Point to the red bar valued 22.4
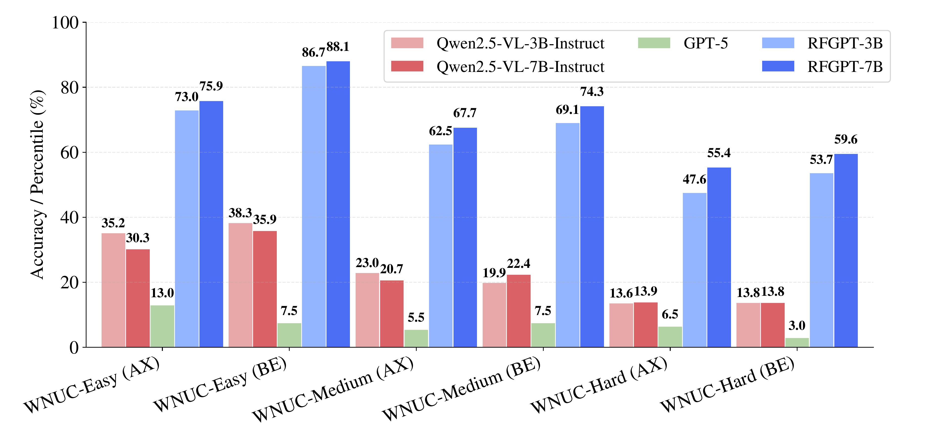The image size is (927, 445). (518, 311)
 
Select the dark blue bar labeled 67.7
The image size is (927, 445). (465, 237)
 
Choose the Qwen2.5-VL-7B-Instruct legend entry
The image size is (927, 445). (520, 67)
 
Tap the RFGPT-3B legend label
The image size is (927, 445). (845, 43)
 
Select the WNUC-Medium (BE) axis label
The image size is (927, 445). (462, 389)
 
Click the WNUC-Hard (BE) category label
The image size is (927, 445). (727, 385)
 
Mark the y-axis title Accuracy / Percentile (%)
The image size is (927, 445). (37, 184)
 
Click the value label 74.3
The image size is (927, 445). (592, 92)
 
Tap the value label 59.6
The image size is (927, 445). (846, 139)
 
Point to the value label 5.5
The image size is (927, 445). (416, 317)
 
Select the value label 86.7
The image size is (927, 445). (313, 53)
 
